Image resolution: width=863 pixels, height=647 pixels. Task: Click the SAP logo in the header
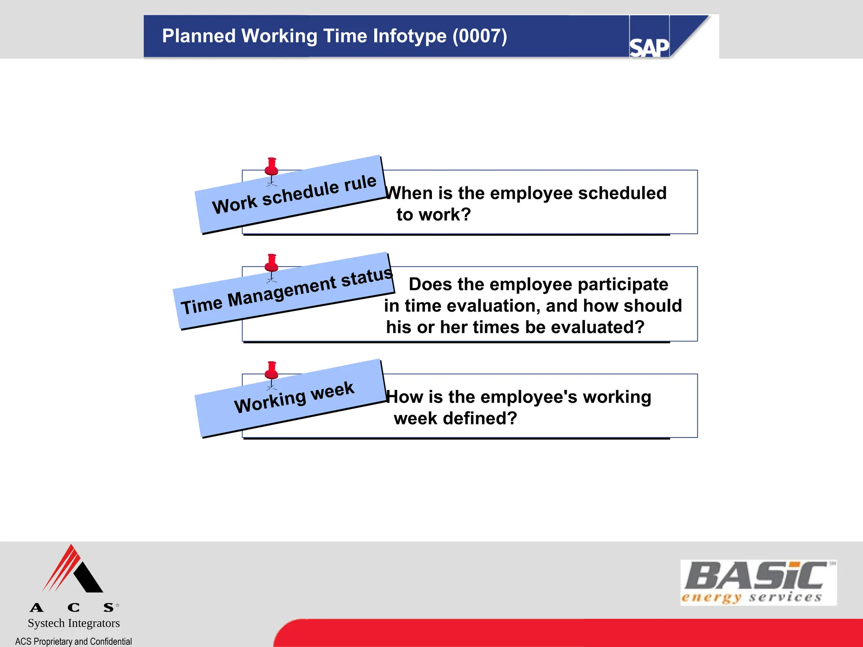click(649, 47)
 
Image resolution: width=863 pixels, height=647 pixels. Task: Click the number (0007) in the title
click(480, 36)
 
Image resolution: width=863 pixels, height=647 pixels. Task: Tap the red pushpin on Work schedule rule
click(271, 167)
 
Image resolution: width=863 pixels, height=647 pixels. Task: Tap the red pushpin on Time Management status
click(271, 263)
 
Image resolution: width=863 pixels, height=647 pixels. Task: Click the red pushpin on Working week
click(271, 371)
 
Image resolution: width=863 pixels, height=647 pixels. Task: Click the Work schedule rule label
click(294, 194)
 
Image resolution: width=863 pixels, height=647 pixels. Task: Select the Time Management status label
click(287, 290)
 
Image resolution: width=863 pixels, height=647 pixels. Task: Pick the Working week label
click(294, 397)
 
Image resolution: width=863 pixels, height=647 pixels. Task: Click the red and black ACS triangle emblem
click(72, 569)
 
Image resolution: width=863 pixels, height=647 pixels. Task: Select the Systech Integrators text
click(74, 623)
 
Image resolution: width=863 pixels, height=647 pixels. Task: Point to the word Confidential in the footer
click(110, 641)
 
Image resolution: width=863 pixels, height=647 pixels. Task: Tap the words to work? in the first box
click(433, 215)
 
